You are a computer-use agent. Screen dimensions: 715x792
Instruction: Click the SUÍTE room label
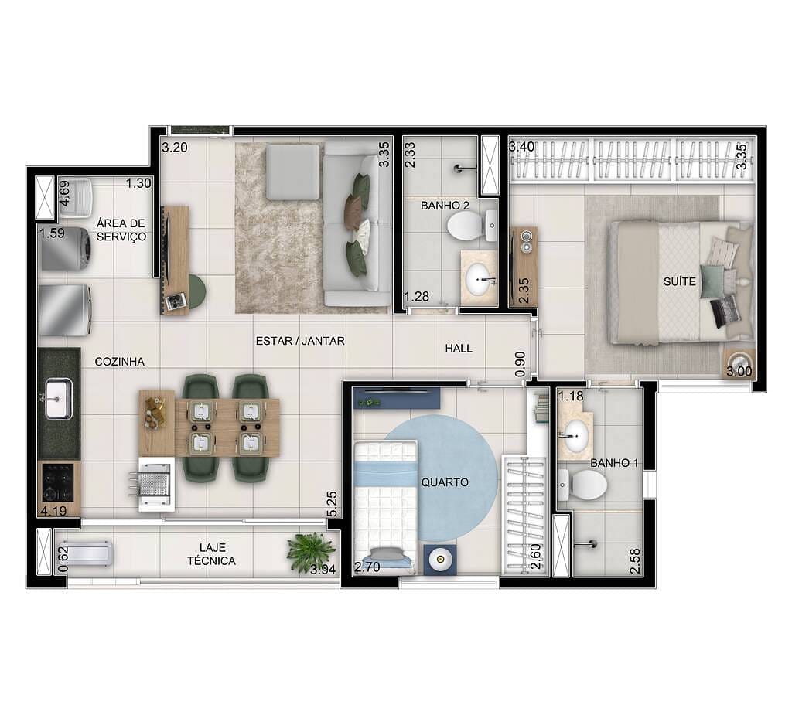coord(679,282)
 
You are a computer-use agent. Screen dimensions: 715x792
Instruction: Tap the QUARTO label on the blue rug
coord(445,482)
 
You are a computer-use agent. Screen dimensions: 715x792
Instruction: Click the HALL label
coord(459,349)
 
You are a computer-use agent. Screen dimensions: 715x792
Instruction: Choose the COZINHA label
coord(119,361)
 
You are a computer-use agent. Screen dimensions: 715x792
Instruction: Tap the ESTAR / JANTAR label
coord(301,340)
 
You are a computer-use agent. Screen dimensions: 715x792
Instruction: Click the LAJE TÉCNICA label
coord(211,554)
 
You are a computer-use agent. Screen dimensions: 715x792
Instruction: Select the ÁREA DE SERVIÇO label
coord(121,230)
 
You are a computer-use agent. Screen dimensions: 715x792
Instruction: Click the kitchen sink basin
coord(58,399)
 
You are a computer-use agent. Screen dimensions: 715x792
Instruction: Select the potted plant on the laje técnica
coord(311,552)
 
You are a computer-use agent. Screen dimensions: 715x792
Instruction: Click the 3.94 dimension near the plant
coord(324,570)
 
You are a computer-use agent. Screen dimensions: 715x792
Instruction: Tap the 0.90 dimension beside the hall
coord(520,365)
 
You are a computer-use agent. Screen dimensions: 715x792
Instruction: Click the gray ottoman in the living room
coord(292,171)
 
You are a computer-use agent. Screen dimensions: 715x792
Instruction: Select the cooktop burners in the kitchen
coord(58,483)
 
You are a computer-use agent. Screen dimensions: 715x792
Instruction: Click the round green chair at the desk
coord(196,291)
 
